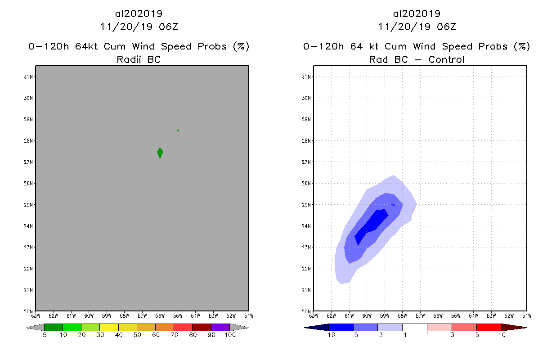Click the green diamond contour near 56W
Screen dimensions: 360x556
pos(160,153)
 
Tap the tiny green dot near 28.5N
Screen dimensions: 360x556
pos(178,130)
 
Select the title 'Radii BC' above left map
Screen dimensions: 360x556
pos(139,59)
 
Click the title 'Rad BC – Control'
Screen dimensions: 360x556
pos(417,59)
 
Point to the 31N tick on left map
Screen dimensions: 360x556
pos(30,76)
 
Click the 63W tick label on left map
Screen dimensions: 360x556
pos(36,315)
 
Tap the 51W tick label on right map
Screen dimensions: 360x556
pos(526,315)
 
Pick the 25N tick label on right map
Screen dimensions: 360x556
pos(308,205)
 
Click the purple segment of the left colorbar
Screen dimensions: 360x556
pos(220,327)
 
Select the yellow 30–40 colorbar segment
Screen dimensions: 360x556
pos(109,327)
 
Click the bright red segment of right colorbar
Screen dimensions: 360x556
pos(489,327)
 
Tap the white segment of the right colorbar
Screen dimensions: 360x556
pos(414,327)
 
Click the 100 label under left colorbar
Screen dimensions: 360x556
pos(230,335)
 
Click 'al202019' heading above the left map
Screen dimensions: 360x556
pos(139,13)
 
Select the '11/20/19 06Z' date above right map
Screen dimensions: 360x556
pos(417,27)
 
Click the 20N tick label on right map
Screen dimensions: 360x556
pos(308,311)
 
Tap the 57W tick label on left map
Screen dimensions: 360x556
pos(142,315)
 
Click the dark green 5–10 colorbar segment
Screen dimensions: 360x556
pos(54,327)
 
